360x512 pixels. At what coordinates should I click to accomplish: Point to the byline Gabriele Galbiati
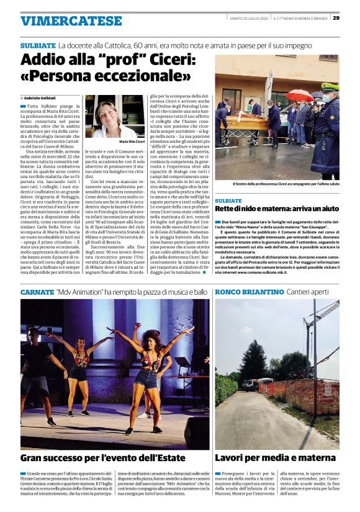pyautogui.click(x=41, y=98)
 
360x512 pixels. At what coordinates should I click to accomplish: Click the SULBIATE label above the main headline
pyautogui.click(x=38, y=47)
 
